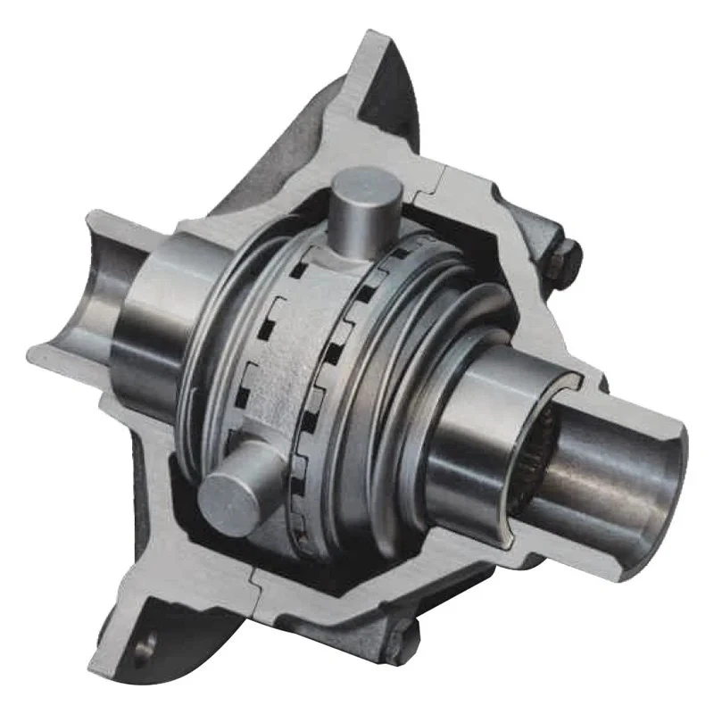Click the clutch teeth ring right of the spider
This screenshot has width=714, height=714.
357,375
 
